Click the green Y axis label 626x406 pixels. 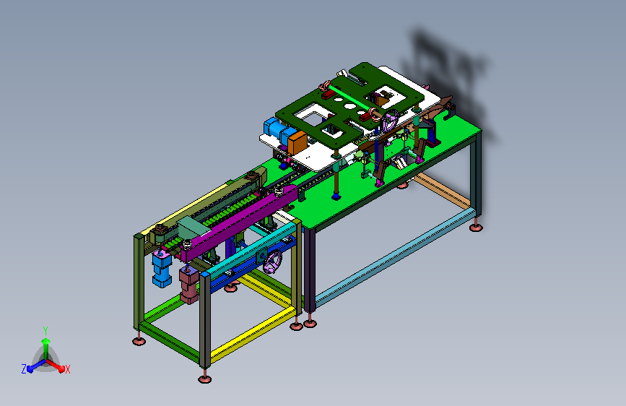tap(45, 330)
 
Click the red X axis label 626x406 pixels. tap(68, 369)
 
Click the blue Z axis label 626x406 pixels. tap(24, 369)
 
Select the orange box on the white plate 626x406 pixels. tap(297, 143)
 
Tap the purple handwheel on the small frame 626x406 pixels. tap(273, 262)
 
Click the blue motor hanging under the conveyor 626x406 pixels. tap(162, 269)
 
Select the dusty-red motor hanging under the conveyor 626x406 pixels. tap(189, 285)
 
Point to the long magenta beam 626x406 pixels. tap(239, 223)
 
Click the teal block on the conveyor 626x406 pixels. tap(194, 228)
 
